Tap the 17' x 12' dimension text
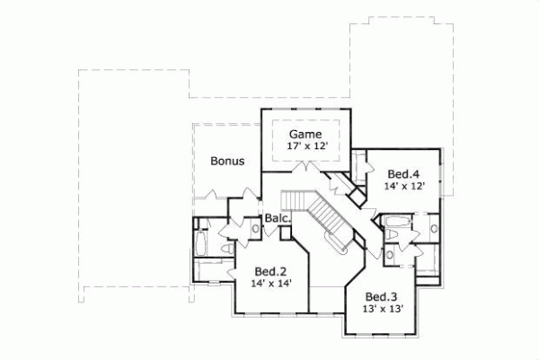[x=305, y=145]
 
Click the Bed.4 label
[x=403, y=173]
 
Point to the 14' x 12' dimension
[x=403, y=187]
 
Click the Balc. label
[x=275, y=218]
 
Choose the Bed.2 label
[x=269, y=270]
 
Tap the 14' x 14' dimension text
[x=269, y=284]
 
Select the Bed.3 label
[x=382, y=296]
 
